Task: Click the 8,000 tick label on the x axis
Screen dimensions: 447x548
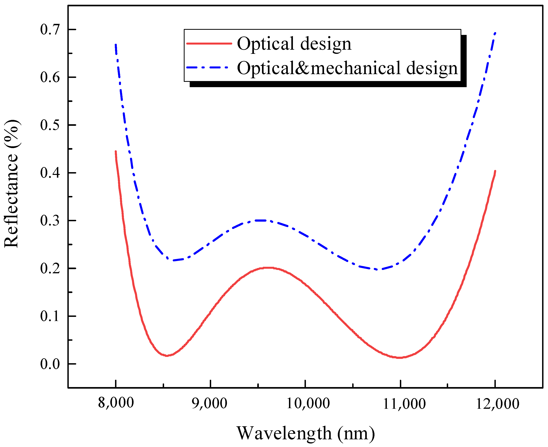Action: point(116,403)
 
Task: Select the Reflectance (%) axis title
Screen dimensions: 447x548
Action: point(12,184)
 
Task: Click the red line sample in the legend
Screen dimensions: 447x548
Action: point(209,43)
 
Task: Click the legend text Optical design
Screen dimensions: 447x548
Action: point(294,44)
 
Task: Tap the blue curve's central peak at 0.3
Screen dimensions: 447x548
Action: point(262,220)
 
